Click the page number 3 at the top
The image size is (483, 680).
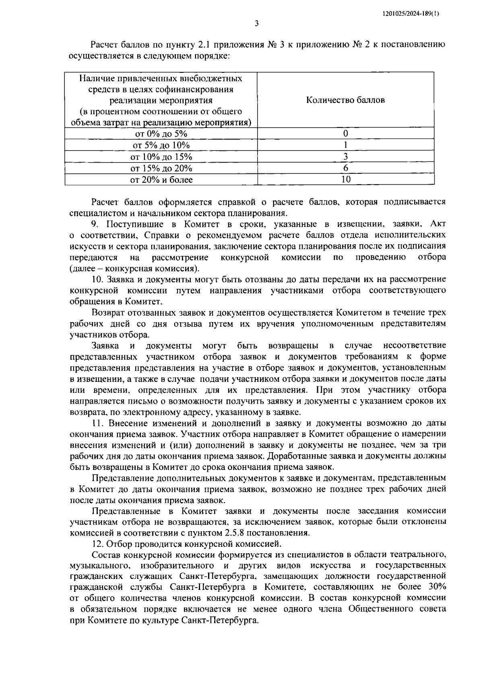pyautogui.click(x=257, y=24)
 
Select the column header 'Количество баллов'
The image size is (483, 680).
pyautogui.click(x=345, y=100)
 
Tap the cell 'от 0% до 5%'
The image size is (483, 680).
pyautogui.click(x=161, y=134)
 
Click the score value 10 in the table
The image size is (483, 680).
pyautogui.click(x=346, y=179)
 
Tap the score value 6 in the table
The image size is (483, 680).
pyautogui.click(x=346, y=168)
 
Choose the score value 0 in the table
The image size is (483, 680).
pyautogui.click(x=346, y=134)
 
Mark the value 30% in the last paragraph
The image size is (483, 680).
pyautogui.click(x=436, y=586)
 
